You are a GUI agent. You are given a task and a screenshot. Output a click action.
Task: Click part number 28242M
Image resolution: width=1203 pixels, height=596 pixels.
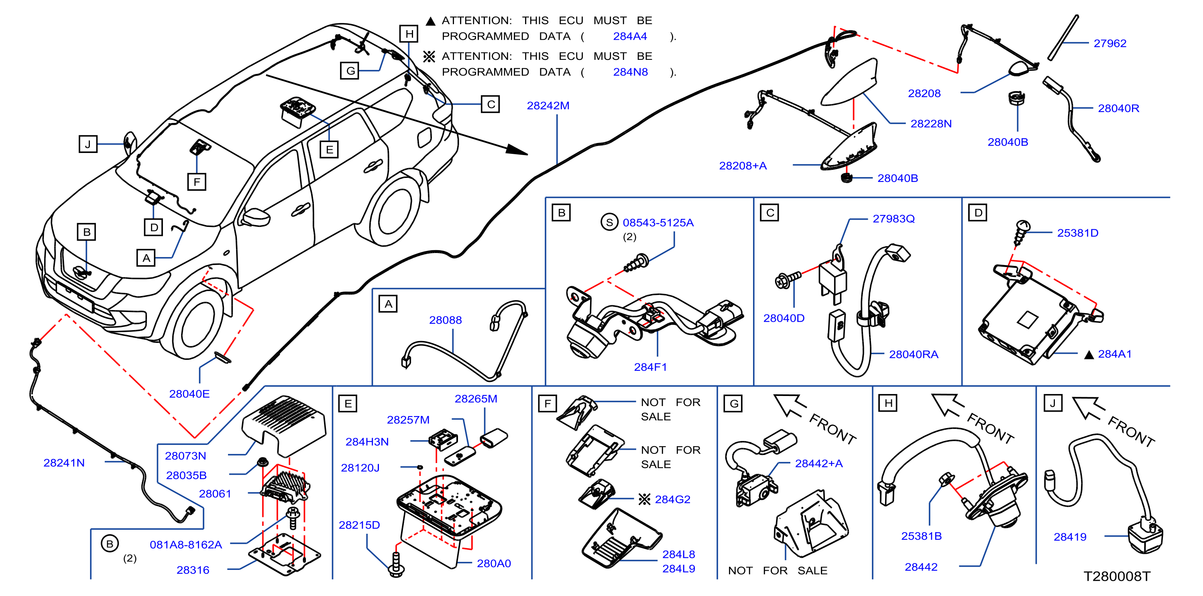click(x=548, y=106)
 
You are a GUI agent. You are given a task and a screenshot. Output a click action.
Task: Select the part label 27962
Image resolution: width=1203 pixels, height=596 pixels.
click(x=1109, y=43)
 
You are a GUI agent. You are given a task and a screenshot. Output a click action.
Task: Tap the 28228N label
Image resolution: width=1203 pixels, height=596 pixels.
click(x=931, y=124)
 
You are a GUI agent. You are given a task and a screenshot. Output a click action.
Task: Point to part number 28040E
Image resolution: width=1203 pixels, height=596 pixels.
click(x=189, y=394)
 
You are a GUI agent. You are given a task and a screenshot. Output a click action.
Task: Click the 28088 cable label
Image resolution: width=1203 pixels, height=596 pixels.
click(x=445, y=320)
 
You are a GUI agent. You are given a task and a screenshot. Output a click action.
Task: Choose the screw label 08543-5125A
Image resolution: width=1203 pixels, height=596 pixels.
click(x=658, y=223)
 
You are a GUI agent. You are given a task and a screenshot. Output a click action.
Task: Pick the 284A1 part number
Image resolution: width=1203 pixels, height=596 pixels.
click(x=1114, y=354)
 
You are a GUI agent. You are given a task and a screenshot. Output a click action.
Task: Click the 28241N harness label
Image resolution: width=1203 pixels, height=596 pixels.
click(x=64, y=463)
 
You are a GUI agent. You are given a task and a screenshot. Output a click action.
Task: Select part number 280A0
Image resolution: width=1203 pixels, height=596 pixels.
click(x=494, y=563)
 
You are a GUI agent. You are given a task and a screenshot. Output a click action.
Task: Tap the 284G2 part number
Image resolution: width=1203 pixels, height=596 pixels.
click(x=672, y=499)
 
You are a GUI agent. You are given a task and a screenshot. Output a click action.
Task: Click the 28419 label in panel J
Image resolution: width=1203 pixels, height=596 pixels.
click(x=1070, y=537)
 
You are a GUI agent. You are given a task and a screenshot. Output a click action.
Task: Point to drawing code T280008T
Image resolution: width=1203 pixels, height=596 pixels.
click(x=1117, y=576)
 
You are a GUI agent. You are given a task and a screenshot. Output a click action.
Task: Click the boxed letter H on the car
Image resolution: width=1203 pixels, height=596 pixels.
click(x=409, y=34)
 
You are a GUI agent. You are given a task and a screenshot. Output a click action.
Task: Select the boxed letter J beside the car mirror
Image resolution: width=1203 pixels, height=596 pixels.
click(x=88, y=144)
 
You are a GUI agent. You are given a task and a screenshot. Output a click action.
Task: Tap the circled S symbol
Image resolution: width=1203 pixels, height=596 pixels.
click(x=609, y=222)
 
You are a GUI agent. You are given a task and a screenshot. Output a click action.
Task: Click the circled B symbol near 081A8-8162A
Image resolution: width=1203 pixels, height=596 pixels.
click(x=110, y=544)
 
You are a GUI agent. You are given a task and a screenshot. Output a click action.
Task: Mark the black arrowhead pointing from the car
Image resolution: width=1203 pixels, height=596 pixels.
click(x=517, y=149)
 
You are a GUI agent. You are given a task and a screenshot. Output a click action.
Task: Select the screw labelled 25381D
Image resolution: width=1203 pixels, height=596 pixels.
click(x=1021, y=233)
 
